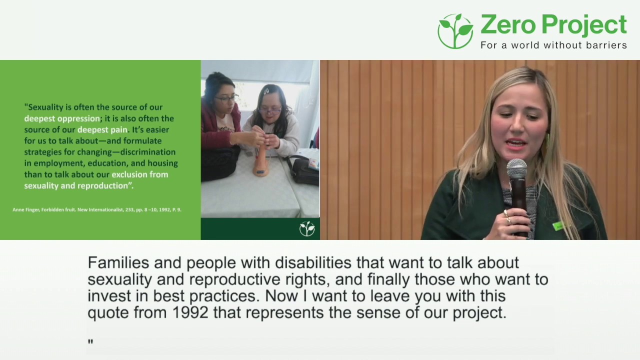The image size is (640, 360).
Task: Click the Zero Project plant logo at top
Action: click(x=455, y=31)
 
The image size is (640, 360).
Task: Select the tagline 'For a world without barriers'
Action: click(x=553, y=45)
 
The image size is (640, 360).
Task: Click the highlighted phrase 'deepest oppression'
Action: click(x=62, y=118)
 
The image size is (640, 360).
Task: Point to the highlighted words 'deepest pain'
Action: click(x=102, y=130)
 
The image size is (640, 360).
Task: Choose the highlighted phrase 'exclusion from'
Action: click(x=139, y=174)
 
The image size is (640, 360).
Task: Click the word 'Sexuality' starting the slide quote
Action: click(x=46, y=107)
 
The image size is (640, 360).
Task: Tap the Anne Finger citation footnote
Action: click(x=97, y=209)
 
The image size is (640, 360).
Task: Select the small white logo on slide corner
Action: click(x=307, y=229)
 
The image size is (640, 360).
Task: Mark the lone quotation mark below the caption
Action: click(x=90, y=342)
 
